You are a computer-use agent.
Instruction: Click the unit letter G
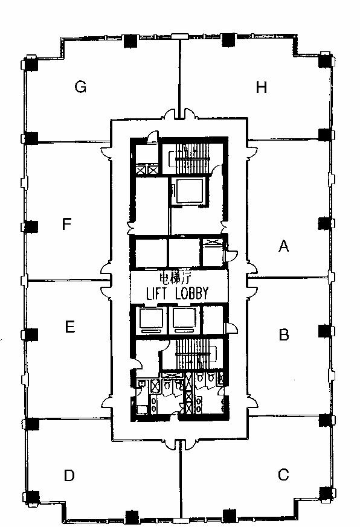click(81, 87)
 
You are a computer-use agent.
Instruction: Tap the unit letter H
click(262, 87)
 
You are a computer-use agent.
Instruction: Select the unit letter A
click(284, 246)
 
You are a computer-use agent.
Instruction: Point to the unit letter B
click(284, 334)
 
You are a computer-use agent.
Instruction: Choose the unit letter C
click(283, 474)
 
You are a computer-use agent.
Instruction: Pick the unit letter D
click(69, 475)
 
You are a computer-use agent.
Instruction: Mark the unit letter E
click(69, 327)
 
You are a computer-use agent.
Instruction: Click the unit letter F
click(67, 224)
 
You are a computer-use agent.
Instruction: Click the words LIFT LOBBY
click(178, 293)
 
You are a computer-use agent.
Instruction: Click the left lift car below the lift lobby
click(151, 318)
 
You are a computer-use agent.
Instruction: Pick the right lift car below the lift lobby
click(184, 318)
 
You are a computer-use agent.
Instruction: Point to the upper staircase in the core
click(191, 158)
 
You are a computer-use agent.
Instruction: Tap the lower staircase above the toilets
click(193, 354)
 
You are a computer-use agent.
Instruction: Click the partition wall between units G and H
click(180, 78)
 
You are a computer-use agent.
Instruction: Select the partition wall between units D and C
click(181, 479)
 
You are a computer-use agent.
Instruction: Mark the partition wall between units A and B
click(288, 278)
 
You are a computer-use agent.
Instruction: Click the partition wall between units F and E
click(69, 280)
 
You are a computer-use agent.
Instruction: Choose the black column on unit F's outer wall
click(31, 227)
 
